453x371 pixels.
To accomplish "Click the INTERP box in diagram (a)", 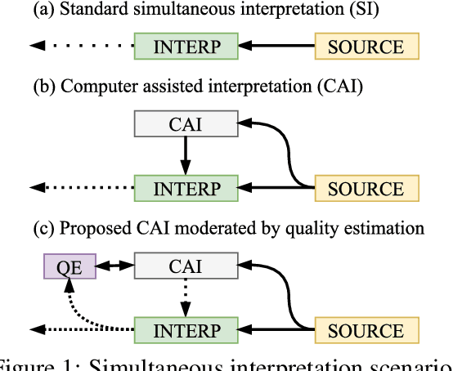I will (x=186, y=46).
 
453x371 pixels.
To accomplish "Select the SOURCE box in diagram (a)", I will (x=366, y=46).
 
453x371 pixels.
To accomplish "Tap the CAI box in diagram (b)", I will (x=186, y=124).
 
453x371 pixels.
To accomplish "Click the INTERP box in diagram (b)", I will (x=186, y=188).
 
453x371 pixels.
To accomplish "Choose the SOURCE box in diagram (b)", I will (x=366, y=188).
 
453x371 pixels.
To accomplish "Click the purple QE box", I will (x=69, y=265).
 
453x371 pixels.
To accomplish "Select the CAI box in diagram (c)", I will (x=186, y=265).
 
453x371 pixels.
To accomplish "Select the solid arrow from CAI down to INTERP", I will (x=186, y=154).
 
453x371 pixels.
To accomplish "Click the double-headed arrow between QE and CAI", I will (x=114, y=265).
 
